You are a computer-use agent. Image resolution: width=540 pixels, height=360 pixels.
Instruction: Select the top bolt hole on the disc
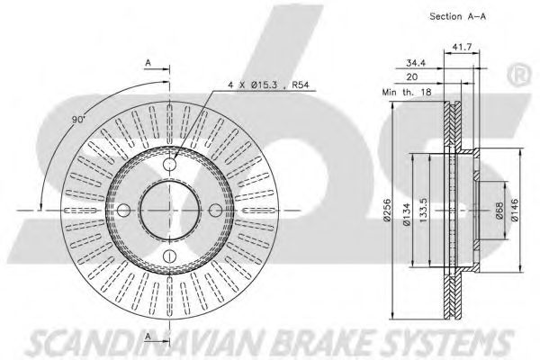pos(171,166)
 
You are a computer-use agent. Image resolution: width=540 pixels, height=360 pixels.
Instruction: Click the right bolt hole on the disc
pos(215,210)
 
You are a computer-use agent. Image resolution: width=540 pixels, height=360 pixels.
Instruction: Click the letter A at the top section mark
pos(147,63)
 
